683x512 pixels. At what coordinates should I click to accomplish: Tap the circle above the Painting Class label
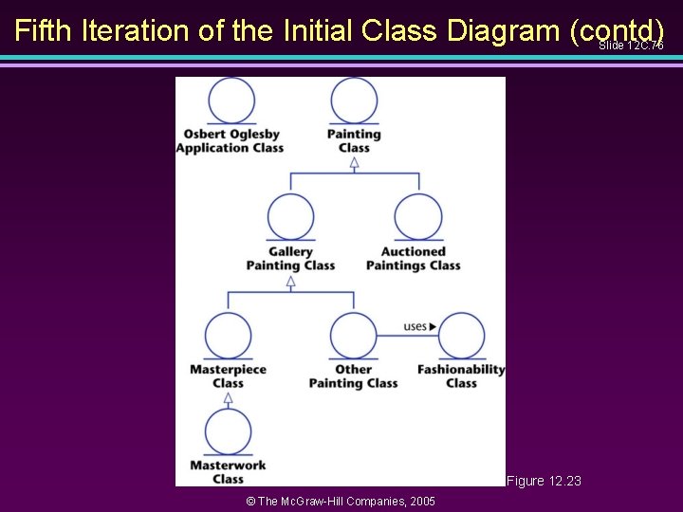coord(354,100)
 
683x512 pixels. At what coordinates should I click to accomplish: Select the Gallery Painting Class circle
coord(291,217)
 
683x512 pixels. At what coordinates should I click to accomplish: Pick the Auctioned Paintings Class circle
coord(417,217)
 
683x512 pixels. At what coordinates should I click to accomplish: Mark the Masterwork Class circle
coord(229,431)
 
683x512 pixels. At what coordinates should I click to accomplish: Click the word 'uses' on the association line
coord(415,326)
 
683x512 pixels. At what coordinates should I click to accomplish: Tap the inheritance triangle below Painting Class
coord(354,162)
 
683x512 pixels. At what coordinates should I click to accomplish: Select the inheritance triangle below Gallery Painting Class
coord(291,281)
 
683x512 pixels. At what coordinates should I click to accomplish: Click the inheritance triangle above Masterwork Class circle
coord(229,399)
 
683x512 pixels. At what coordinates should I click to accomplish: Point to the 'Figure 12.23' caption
coord(544,482)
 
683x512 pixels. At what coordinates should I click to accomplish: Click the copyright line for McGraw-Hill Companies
coord(341,501)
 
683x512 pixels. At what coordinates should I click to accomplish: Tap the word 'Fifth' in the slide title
coord(45,30)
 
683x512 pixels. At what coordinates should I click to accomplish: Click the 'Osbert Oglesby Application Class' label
coord(230,140)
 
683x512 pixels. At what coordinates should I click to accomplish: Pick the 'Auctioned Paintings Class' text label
coord(414,258)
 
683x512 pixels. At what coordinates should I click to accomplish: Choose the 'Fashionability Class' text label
coord(461,375)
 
